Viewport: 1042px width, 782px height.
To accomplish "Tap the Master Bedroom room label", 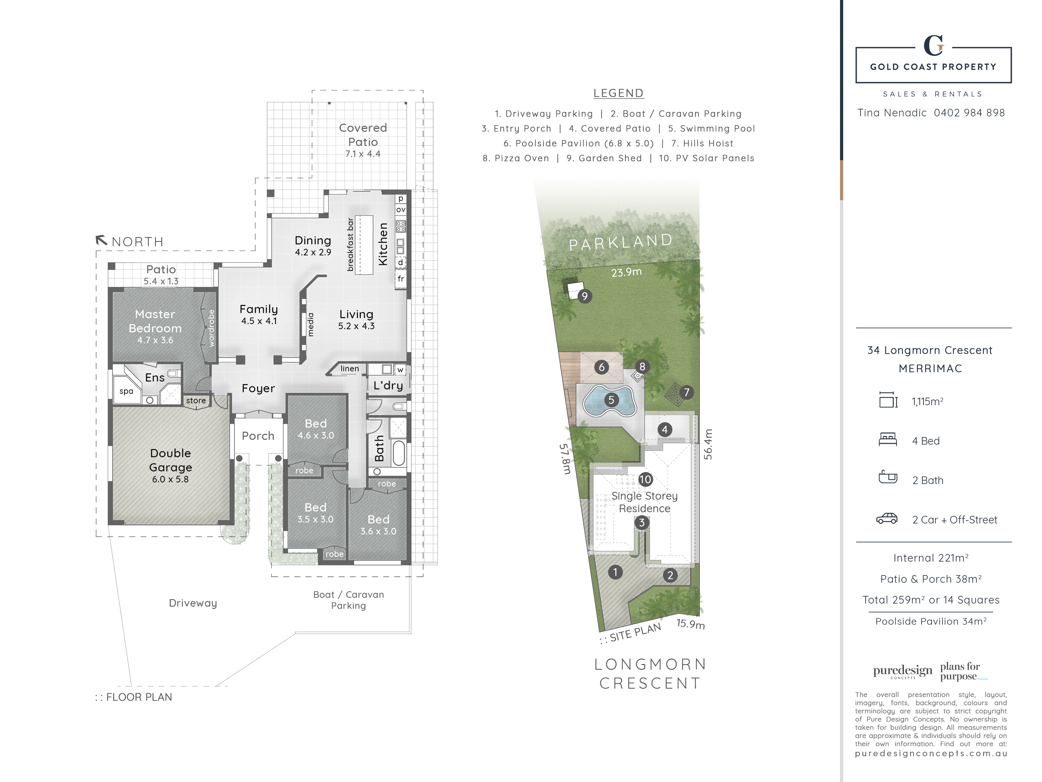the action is coord(155,321).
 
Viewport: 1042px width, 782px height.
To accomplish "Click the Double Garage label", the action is coord(170,460).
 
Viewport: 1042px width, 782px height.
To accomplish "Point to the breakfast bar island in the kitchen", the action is coord(364,245).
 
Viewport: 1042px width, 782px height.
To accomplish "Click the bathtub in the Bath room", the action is coord(399,452).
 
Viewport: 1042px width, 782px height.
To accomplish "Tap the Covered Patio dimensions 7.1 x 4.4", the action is coord(363,154).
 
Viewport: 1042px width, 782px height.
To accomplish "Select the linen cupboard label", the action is coord(349,369).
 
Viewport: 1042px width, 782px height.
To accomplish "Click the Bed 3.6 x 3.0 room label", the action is coord(378,525).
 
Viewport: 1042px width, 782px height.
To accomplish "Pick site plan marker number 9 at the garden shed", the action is coord(584,296).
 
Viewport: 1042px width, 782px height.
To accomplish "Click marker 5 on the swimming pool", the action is coord(611,400).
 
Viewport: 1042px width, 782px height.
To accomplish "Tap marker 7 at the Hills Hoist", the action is coord(686,392).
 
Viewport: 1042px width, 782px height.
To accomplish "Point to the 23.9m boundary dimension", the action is coord(626,272).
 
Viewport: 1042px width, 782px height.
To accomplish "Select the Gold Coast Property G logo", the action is coord(933,46).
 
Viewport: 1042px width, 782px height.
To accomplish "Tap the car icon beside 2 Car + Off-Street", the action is coord(887,518).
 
